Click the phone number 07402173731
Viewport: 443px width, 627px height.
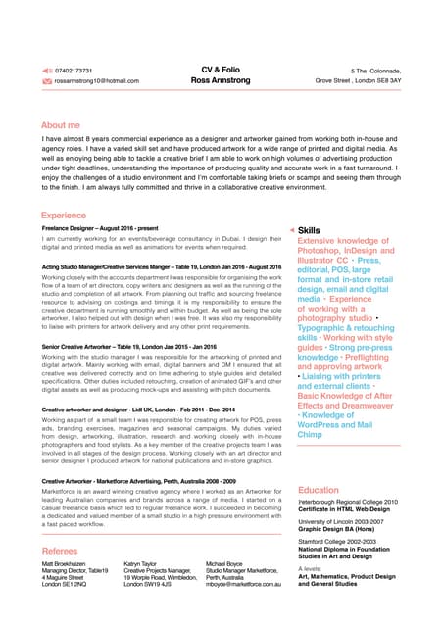tap(74, 71)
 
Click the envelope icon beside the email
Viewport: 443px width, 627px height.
tap(47, 80)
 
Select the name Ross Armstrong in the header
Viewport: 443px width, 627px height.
tap(221, 81)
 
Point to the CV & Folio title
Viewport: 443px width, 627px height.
tap(220, 71)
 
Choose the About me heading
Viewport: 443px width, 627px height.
tap(61, 126)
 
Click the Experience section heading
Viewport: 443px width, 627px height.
tap(64, 214)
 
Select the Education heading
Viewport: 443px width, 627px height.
tap(319, 490)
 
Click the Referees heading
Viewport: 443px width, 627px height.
tap(60, 553)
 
